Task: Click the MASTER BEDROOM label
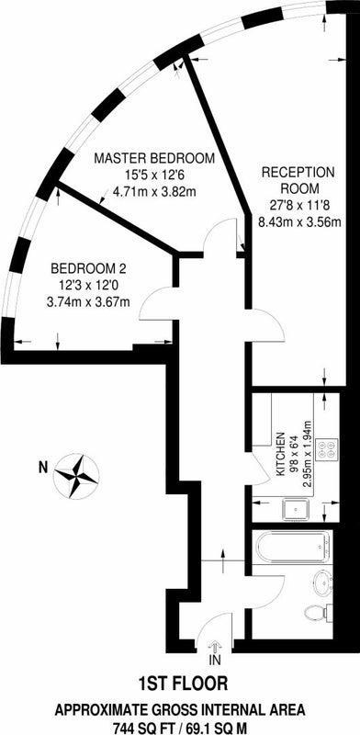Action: pyautogui.click(x=156, y=158)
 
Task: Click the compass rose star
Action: pyautogui.click(x=77, y=475)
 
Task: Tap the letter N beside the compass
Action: pyautogui.click(x=41, y=467)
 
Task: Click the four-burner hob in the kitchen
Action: pyautogui.click(x=325, y=450)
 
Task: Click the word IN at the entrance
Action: pyautogui.click(x=215, y=660)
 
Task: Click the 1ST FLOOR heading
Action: pyautogui.click(x=180, y=684)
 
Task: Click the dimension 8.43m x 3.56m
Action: pyautogui.click(x=298, y=220)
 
